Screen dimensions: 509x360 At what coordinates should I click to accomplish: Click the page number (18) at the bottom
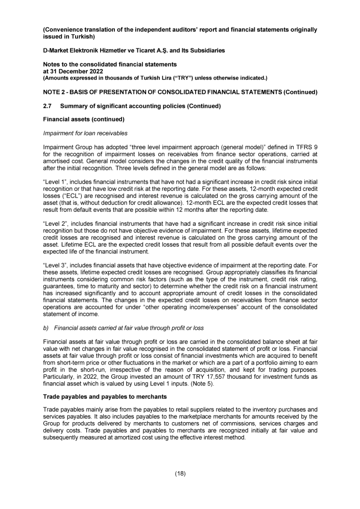click(x=180, y=473)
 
